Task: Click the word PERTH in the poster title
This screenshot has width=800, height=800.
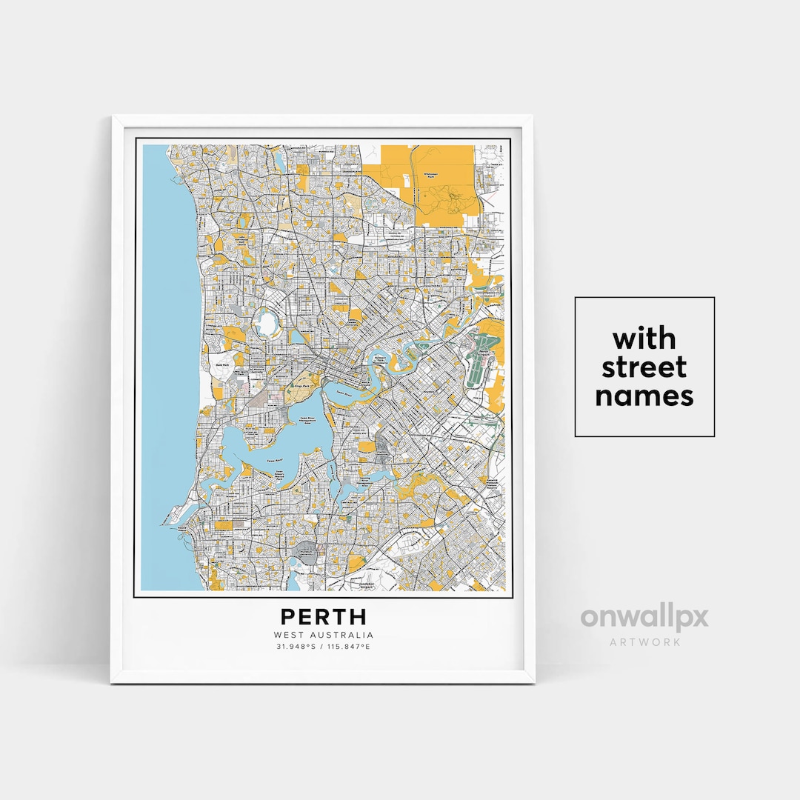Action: point(323,617)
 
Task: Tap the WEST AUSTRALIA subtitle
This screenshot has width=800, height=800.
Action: point(323,635)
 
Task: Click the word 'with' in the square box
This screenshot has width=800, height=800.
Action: point(644,339)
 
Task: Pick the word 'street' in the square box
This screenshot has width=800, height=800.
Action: point(644,367)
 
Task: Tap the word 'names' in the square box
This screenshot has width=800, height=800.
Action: point(644,396)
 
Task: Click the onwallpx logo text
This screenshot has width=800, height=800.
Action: point(644,617)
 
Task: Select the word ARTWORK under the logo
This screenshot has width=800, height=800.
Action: point(644,641)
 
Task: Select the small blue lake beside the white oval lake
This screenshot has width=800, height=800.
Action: point(296,338)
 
